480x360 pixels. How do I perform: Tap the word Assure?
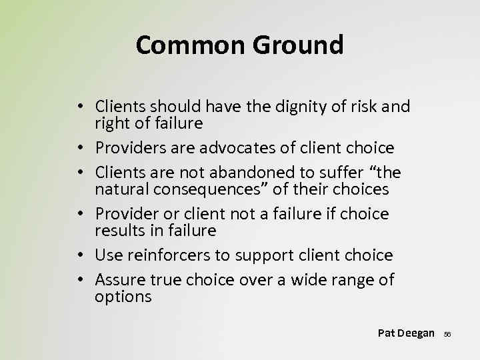(x=118, y=279)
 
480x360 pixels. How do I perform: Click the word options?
(x=123, y=296)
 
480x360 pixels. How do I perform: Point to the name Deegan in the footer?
(x=416, y=333)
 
